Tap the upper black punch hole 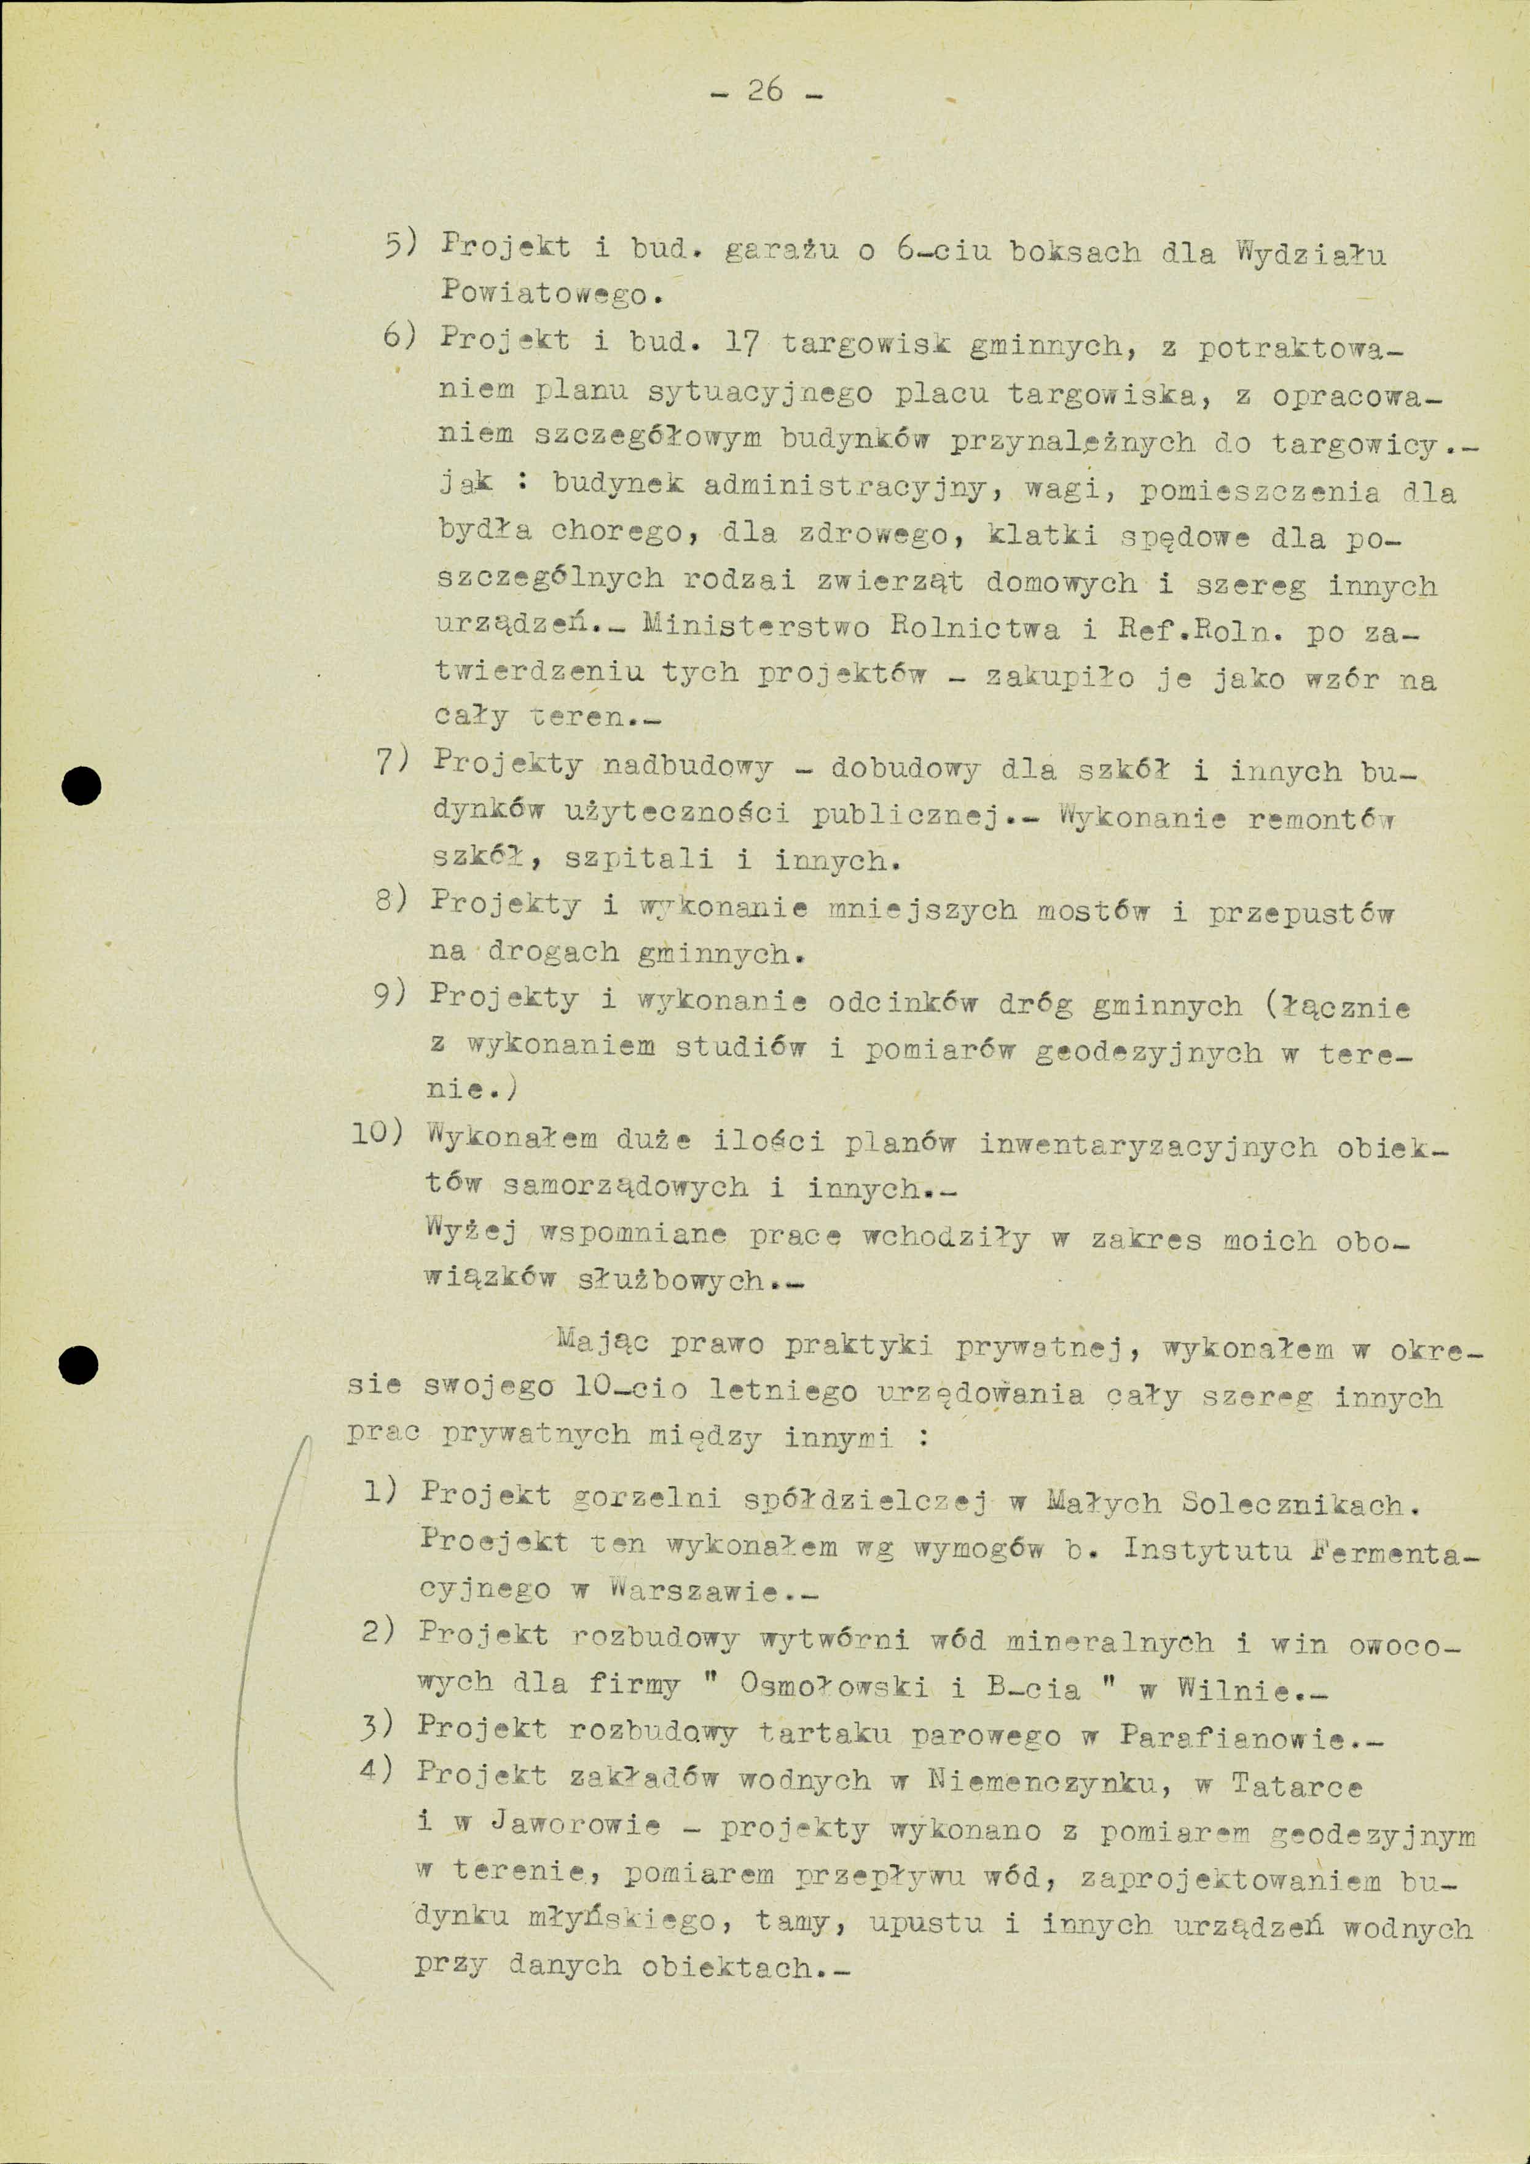(x=81, y=784)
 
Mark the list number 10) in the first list (x=377, y=1134)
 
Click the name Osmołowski (x=834, y=1687)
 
